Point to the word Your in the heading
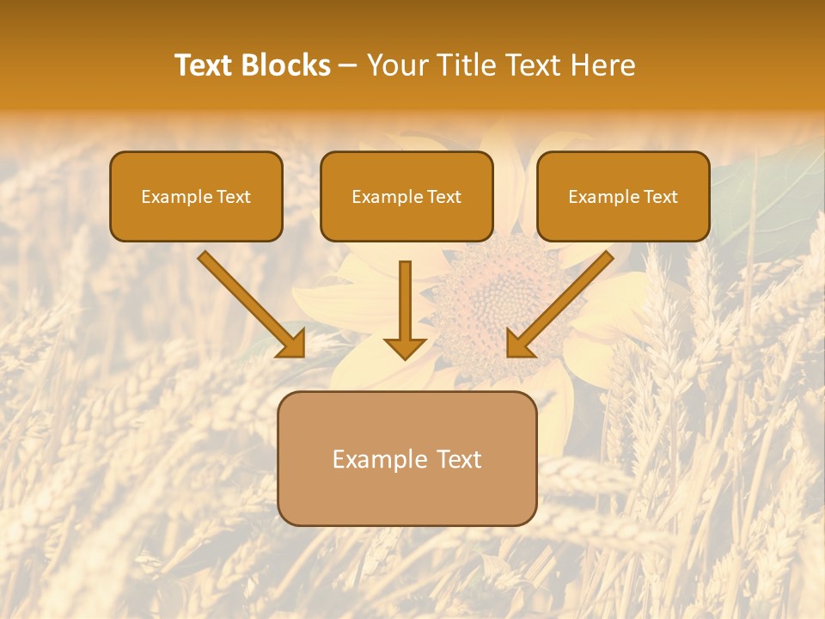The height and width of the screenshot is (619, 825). pos(396,65)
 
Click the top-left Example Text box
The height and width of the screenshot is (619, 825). pos(196,197)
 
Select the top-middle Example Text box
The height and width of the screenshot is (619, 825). pos(406,197)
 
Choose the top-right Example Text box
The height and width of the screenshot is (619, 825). pos(623,197)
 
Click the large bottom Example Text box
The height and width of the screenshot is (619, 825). pos(406,458)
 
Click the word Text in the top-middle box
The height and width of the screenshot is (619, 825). pos(443,197)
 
